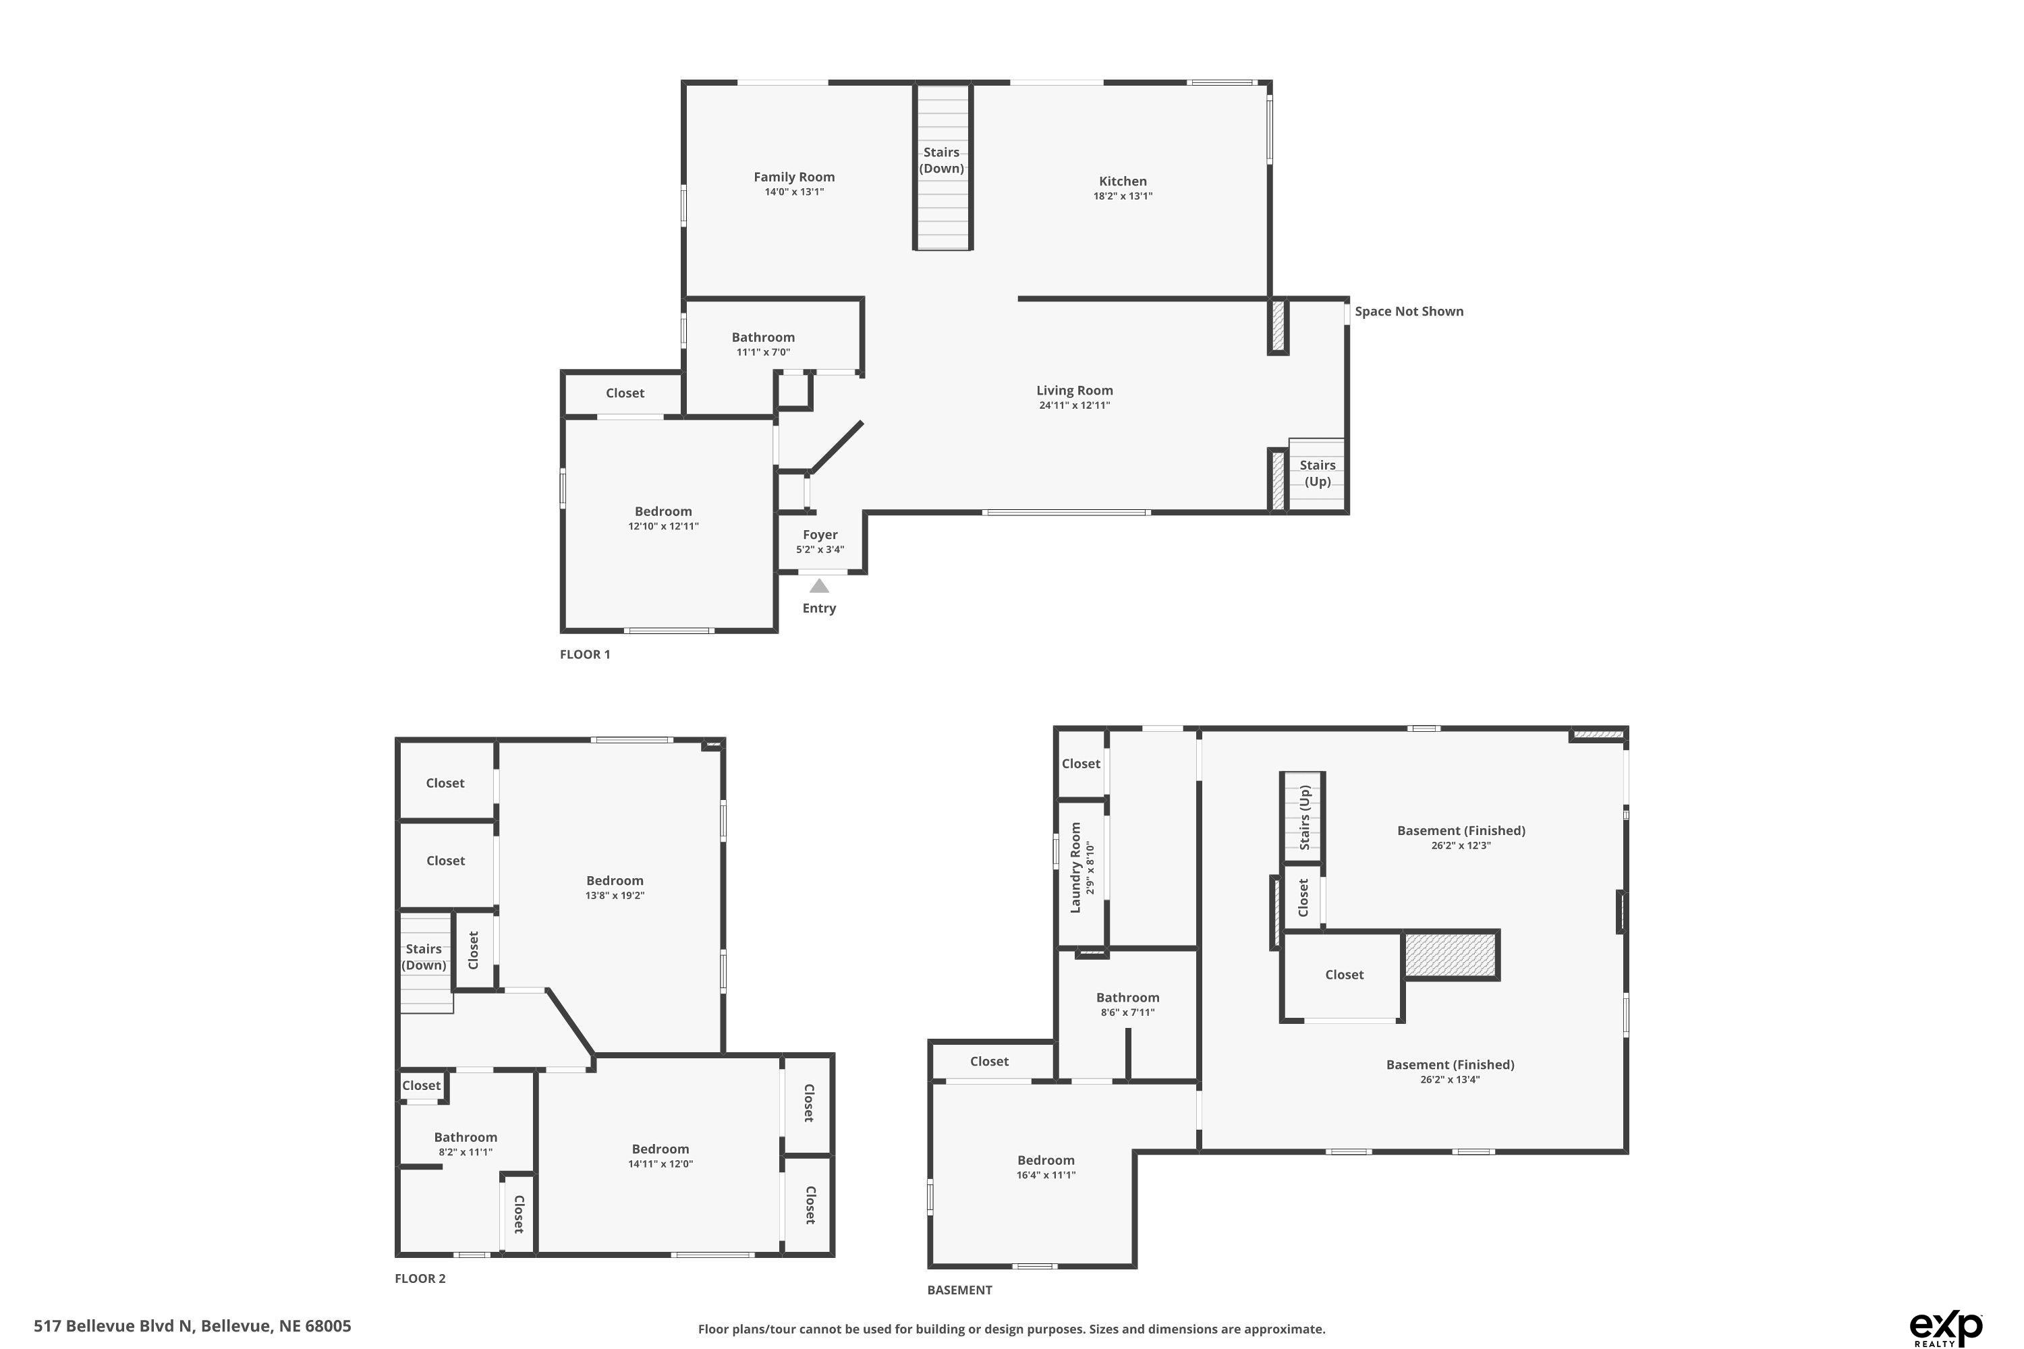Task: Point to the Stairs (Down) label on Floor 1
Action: [x=941, y=160]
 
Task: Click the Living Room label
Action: [x=1074, y=390]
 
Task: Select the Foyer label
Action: [x=819, y=534]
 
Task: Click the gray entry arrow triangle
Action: [x=819, y=586]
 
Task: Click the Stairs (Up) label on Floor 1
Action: [x=1318, y=473]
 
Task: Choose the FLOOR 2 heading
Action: [x=420, y=1278]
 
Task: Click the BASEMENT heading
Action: [x=959, y=1290]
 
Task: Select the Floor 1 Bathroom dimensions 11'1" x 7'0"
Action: [x=762, y=352]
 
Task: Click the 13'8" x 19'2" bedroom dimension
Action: [x=615, y=895]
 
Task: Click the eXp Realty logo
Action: [x=1946, y=1327]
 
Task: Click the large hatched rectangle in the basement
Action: [x=1451, y=955]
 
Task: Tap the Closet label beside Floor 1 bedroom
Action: [x=625, y=393]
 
